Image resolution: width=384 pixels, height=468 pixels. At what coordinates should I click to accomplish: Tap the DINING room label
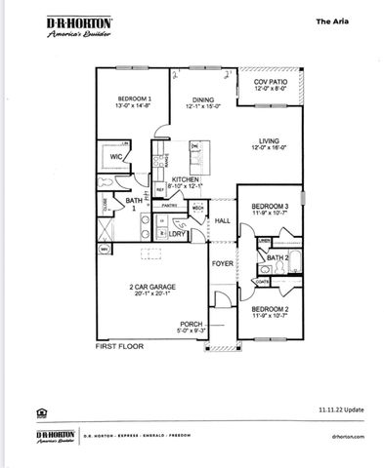click(202, 99)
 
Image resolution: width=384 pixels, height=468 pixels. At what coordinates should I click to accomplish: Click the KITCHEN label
click(186, 180)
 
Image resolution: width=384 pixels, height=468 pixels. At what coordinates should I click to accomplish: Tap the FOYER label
click(224, 263)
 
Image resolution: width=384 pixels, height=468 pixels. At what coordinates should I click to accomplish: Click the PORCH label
click(192, 324)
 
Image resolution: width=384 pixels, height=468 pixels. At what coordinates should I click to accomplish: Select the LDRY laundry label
click(178, 234)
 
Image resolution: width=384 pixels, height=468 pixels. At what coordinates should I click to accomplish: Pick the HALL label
click(222, 221)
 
